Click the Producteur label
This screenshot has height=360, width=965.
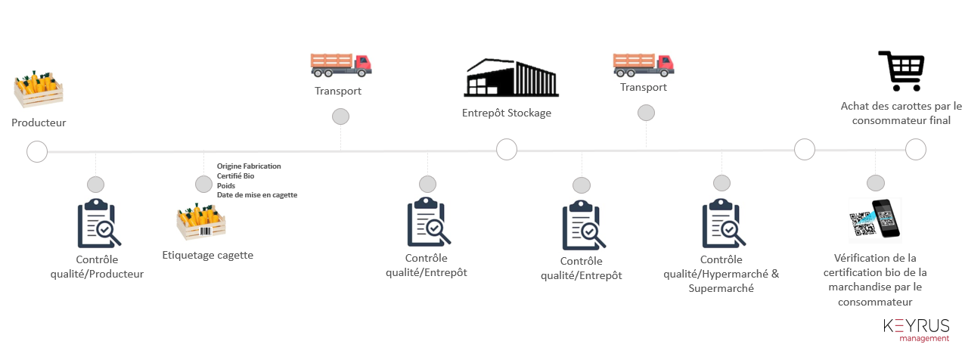click(x=39, y=123)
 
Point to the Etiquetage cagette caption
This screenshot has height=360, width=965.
click(x=208, y=255)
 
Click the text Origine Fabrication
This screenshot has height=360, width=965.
click(x=249, y=166)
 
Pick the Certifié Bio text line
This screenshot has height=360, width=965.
click(x=236, y=175)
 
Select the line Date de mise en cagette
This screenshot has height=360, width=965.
click(x=257, y=195)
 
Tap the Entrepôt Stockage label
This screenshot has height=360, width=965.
click(x=507, y=113)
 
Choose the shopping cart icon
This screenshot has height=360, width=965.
click(x=900, y=71)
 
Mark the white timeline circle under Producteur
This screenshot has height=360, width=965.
click(x=36, y=152)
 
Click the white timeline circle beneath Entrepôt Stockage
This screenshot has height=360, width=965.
click(x=507, y=150)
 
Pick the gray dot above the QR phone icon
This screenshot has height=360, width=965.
click(x=875, y=183)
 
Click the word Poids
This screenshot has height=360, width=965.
click(x=226, y=185)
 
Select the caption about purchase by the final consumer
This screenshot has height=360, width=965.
click(x=901, y=113)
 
